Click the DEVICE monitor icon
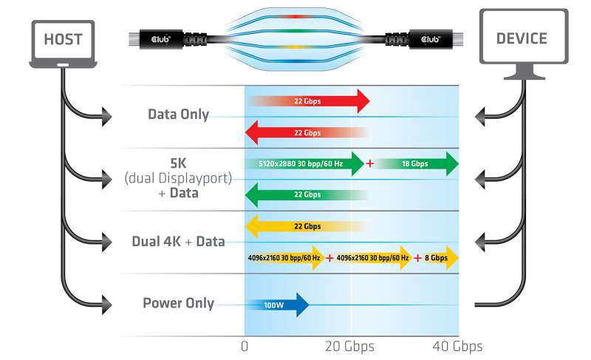(525, 41)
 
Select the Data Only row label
(178, 115)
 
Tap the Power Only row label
(178, 303)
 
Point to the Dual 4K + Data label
(178, 241)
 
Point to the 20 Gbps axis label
(350, 346)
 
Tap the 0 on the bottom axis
(245, 346)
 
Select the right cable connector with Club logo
(425, 38)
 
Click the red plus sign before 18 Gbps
(369, 163)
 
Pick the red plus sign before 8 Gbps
(418, 258)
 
